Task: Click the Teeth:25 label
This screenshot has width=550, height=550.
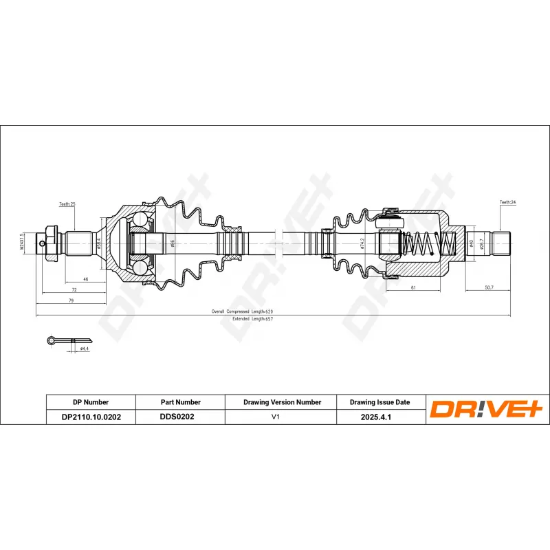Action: point(67,204)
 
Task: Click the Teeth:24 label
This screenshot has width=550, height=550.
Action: point(507,203)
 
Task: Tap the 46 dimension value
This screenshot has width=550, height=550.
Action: point(85,280)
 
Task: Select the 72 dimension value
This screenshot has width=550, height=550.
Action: point(74,291)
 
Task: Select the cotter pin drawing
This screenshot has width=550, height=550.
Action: point(69,340)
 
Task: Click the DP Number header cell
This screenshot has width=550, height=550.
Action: point(90,402)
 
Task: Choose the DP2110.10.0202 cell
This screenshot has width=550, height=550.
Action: point(90,417)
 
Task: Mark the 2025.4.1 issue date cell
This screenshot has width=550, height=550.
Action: point(380,417)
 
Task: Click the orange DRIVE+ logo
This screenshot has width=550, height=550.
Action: point(487,409)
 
